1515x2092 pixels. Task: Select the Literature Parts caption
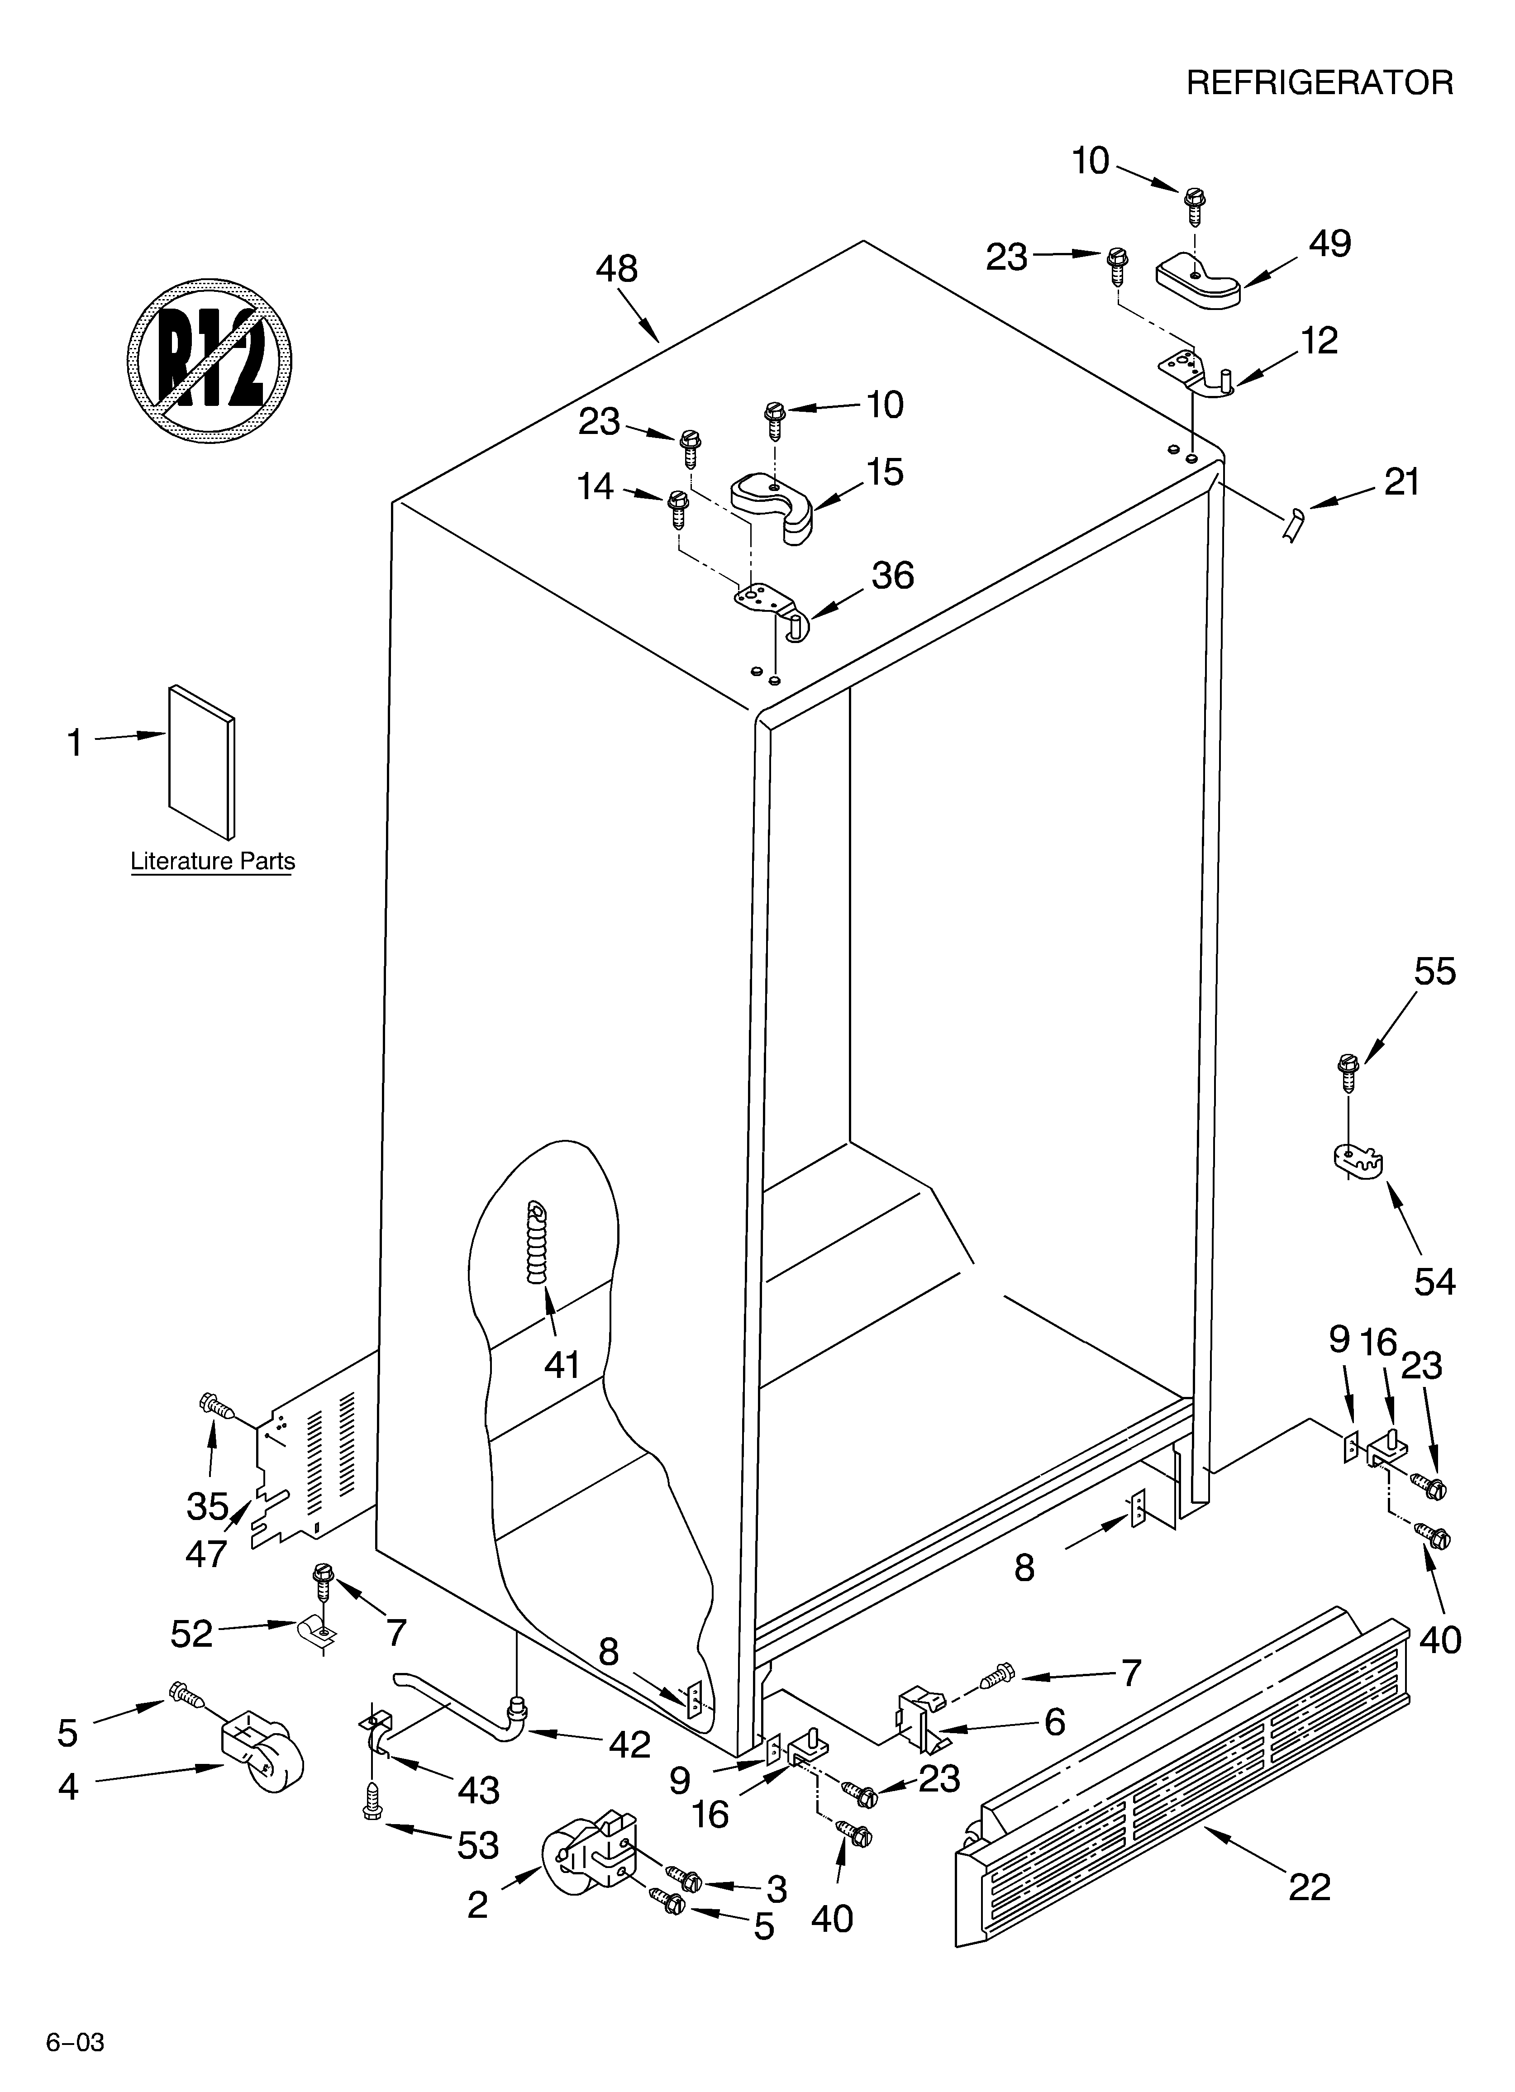(212, 862)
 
